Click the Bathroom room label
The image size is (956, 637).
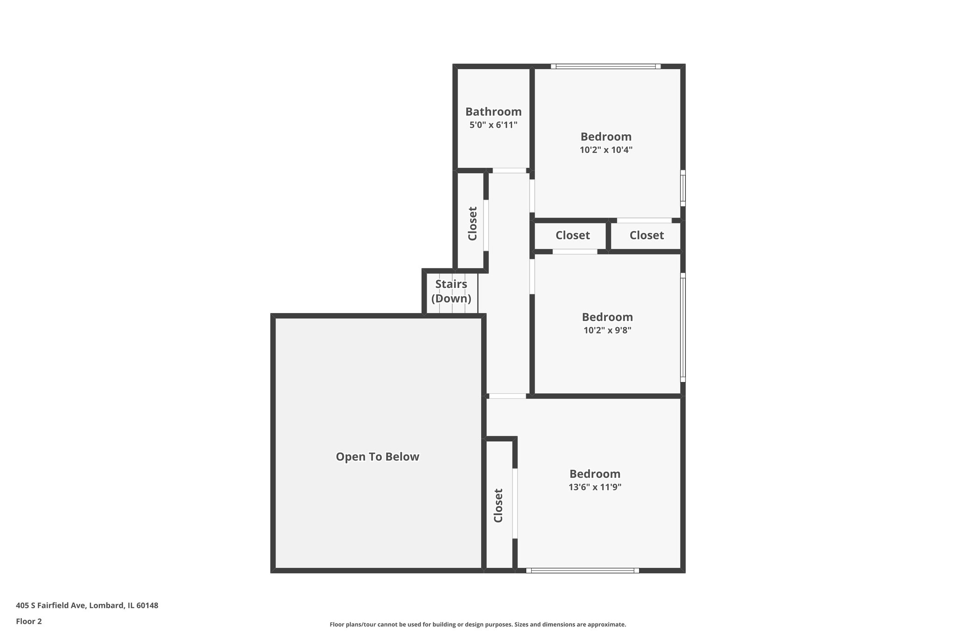(493, 112)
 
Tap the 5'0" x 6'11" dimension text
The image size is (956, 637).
(493, 125)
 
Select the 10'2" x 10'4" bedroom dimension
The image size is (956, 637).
(606, 150)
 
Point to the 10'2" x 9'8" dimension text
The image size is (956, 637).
(607, 330)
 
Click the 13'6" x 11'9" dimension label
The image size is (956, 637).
(595, 487)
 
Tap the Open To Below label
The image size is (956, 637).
(378, 457)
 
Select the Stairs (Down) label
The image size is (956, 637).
(451, 291)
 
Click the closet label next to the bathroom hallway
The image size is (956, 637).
(472, 224)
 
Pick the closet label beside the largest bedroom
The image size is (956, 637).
(498, 505)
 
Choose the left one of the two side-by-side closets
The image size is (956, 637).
(572, 235)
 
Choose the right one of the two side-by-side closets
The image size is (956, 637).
(647, 235)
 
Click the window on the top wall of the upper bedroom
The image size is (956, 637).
(605, 66)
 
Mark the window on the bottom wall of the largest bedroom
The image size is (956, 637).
(582, 570)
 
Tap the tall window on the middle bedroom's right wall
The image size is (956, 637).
(682, 327)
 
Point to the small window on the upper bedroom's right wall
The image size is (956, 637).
(682, 188)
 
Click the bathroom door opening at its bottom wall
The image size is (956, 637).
(509, 171)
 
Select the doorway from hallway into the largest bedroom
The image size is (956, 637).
(507, 396)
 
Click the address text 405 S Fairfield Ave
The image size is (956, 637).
(87, 606)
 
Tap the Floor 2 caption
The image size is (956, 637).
(29, 621)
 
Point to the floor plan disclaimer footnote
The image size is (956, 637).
(478, 624)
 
